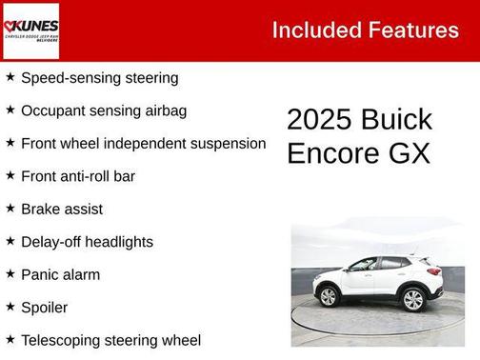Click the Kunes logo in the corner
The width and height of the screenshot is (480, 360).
[x=31, y=30]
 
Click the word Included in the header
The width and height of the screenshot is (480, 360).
[x=313, y=30]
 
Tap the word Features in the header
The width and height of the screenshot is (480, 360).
[x=411, y=30]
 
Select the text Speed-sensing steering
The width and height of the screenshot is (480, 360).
[x=99, y=77]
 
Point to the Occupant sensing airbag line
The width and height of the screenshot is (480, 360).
[x=103, y=110]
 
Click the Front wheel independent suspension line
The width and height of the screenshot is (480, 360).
[x=143, y=143]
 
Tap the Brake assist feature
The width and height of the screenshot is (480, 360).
[x=62, y=209]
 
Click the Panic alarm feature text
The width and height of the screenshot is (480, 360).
[x=60, y=274]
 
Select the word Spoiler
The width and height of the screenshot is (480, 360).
[x=44, y=308]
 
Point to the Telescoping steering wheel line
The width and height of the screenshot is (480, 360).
[x=110, y=340]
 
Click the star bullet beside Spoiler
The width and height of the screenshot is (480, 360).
[x=10, y=307]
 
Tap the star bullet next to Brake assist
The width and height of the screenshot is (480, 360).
[x=10, y=208]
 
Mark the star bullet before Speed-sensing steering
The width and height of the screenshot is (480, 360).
[x=10, y=76]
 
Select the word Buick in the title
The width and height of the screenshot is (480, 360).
[x=396, y=120]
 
